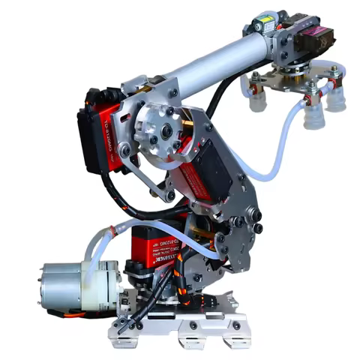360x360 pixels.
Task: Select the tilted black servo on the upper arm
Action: tap(201, 176)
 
